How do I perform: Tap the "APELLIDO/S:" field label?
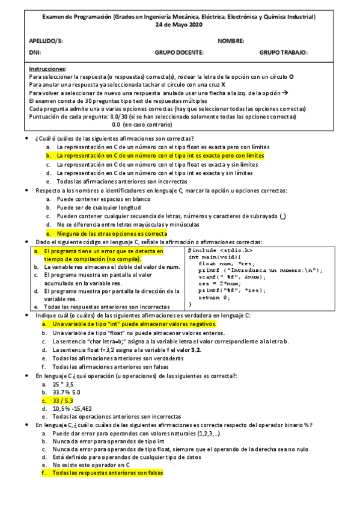[x=46, y=41]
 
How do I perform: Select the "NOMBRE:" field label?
[x=231, y=41]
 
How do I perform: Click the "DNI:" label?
[x=34, y=52]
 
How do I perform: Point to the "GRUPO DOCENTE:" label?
[x=179, y=52]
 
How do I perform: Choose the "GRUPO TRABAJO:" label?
[x=284, y=52]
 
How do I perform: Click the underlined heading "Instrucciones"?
[x=47, y=69]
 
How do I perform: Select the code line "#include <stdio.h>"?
[x=220, y=250]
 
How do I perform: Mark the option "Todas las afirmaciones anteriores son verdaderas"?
[x=116, y=357]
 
